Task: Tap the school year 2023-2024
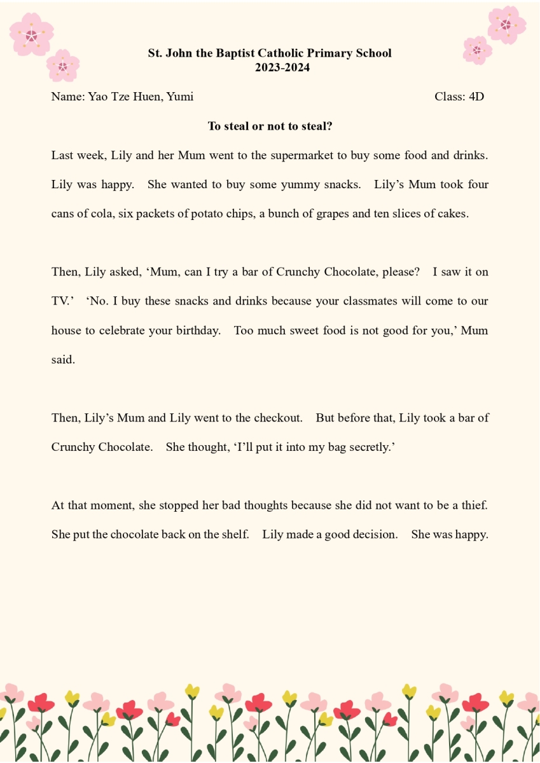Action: coord(282,67)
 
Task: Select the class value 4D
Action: coord(476,97)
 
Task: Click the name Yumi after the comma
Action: coord(180,97)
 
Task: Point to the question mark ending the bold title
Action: coord(329,126)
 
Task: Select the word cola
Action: coord(99,214)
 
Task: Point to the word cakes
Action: coord(452,214)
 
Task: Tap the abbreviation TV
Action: coord(60,301)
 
